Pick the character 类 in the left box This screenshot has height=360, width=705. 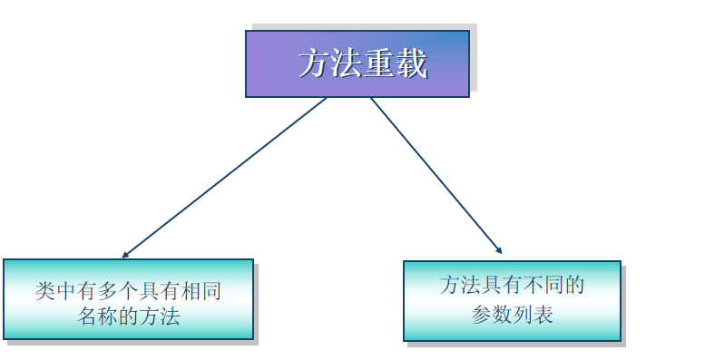click(44, 291)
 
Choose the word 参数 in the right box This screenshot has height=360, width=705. click(491, 314)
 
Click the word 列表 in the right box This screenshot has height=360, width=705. click(533, 314)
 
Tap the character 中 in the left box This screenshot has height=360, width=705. click(65, 291)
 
